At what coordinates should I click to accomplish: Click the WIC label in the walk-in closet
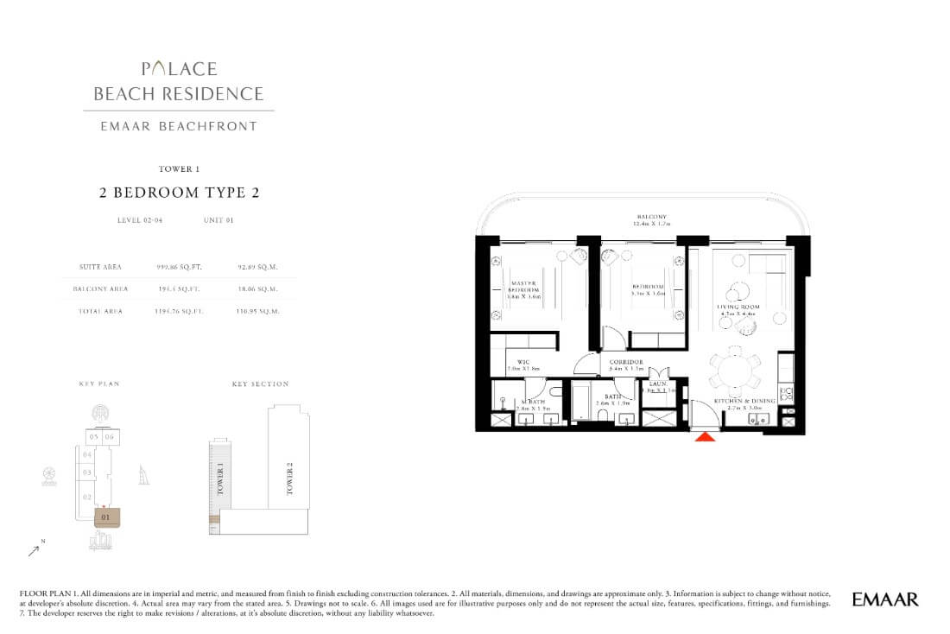[523, 363]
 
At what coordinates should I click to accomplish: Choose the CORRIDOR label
[625, 363]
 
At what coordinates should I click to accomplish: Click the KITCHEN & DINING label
[744, 402]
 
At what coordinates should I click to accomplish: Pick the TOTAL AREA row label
[98, 311]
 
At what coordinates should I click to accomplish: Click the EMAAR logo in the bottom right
[884, 599]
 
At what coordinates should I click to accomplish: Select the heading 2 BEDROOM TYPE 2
[179, 193]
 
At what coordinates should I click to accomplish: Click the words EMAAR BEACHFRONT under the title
[179, 126]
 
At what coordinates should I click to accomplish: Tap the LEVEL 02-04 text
[140, 221]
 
